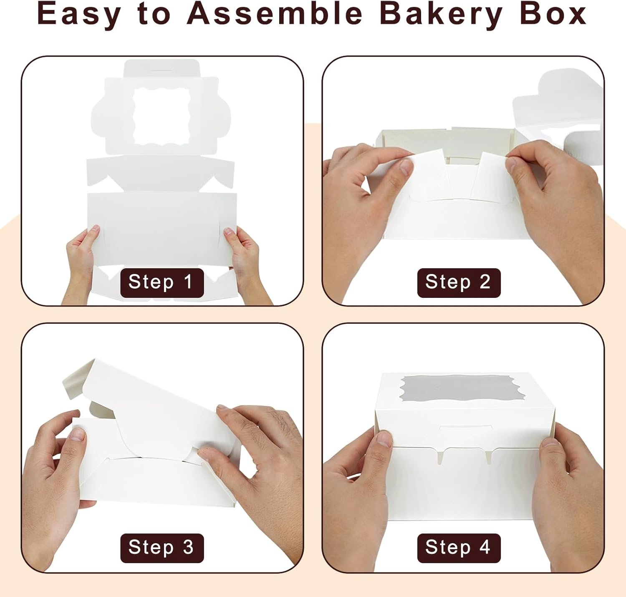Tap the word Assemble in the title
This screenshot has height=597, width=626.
click(x=275, y=13)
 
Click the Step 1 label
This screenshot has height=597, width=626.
click(x=162, y=282)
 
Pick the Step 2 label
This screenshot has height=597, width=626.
click(x=458, y=282)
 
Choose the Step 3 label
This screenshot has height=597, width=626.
click(x=162, y=547)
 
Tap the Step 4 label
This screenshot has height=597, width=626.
click(x=458, y=547)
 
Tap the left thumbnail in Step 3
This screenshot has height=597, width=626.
click(x=77, y=434)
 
